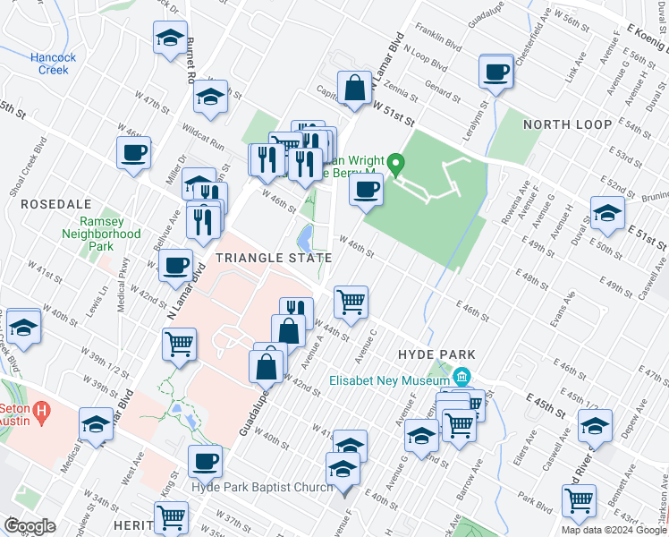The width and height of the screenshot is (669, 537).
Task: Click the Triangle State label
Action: (x=273, y=258)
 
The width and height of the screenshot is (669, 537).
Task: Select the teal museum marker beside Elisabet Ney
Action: (x=462, y=377)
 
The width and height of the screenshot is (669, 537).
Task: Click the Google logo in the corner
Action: (x=30, y=526)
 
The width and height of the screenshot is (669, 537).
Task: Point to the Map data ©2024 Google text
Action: (x=613, y=530)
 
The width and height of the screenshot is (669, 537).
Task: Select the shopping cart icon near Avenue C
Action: (x=351, y=301)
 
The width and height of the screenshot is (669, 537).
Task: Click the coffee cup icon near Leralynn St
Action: (x=495, y=72)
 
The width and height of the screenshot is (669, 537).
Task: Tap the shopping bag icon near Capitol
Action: (x=355, y=88)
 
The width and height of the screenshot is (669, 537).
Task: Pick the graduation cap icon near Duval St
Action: (x=607, y=212)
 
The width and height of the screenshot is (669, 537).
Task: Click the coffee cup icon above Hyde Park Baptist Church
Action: (x=206, y=461)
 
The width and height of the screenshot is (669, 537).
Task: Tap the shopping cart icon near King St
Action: (x=171, y=516)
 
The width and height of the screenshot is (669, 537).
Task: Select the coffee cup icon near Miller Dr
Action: (x=133, y=152)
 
